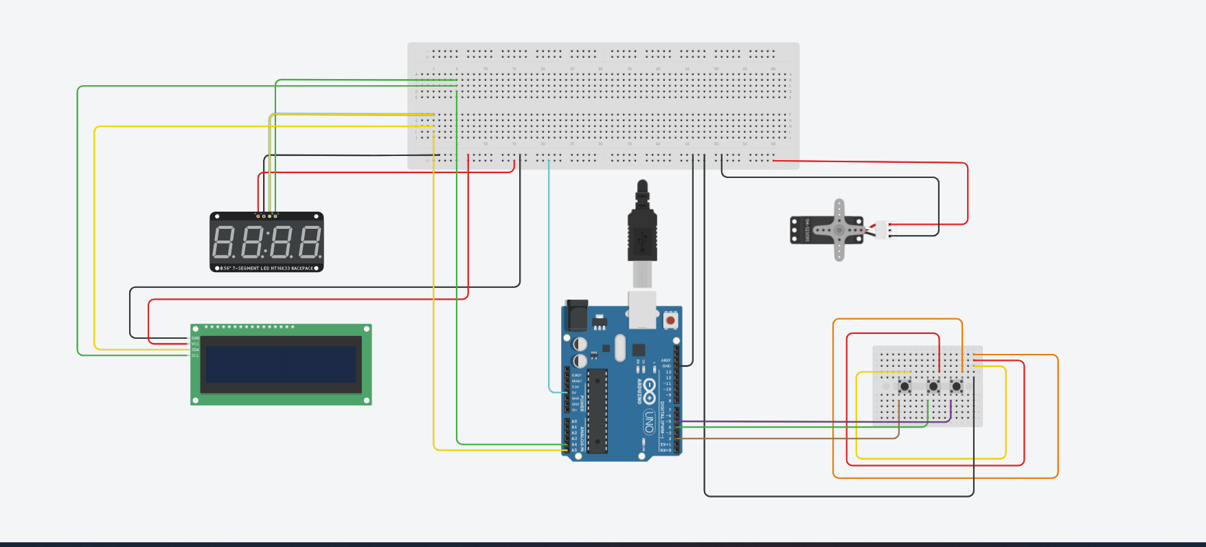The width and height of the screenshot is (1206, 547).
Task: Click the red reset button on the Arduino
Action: pyautogui.click(x=670, y=320)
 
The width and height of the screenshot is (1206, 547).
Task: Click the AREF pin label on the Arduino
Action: pyautogui.click(x=665, y=360)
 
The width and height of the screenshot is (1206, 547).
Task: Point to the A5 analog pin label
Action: pyautogui.click(x=574, y=450)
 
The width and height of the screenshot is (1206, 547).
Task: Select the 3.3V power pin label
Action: pyautogui.click(x=576, y=387)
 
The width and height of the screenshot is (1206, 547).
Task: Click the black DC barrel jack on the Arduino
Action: pyautogui.click(x=576, y=316)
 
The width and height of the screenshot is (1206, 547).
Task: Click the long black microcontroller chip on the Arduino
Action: pyautogui.click(x=597, y=411)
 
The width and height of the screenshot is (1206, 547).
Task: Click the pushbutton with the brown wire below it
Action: pyautogui.click(x=904, y=386)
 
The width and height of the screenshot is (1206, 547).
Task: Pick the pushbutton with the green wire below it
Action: pyautogui.click(x=933, y=386)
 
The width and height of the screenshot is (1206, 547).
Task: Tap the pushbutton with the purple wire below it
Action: pyautogui.click(x=956, y=386)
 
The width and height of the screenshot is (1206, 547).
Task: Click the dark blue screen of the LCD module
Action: pyautogui.click(x=280, y=364)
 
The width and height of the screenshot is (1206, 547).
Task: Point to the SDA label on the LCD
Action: pyautogui.click(x=196, y=350)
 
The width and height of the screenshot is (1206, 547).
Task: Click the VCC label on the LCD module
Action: pyautogui.click(x=196, y=344)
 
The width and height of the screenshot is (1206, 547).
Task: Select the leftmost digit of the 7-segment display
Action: pyautogui.click(x=223, y=242)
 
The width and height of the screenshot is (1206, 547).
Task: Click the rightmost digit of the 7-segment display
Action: pyautogui.click(x=310, y=242)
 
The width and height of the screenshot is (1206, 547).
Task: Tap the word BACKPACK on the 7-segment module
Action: pyautogui.click(x=302, y=268)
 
